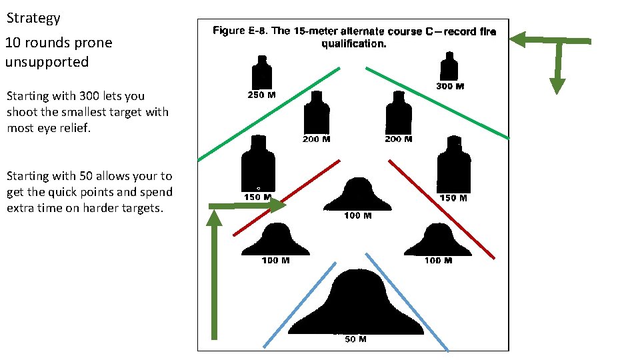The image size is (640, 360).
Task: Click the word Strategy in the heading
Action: [x=33, y=19]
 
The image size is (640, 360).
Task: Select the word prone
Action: [x=93, y=43]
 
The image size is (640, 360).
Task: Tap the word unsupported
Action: [x=47, y=62]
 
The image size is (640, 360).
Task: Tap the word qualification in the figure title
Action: [x=353, y=44]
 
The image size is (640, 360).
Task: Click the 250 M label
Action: [x=261, y=95]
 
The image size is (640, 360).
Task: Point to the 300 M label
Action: [x=450, y=87]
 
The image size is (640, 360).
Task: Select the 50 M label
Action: [x=355, y=339]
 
